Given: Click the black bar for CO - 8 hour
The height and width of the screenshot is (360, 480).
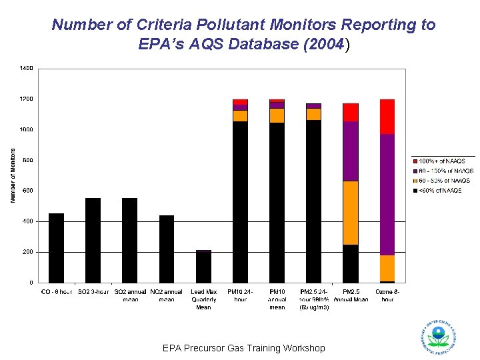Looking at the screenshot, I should [56, 248].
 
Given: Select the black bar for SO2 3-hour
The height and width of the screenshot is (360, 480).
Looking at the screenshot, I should [93, 241].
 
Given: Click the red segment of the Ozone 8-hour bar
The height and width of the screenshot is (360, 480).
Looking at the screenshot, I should [387, 117].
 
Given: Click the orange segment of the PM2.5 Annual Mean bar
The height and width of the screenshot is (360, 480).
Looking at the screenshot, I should [351, 213].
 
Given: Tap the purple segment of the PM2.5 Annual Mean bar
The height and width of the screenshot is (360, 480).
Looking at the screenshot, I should [351, 151].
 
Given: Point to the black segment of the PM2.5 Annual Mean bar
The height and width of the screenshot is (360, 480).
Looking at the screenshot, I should [351, 264].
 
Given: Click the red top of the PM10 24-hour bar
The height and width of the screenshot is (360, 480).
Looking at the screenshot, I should [241, 102].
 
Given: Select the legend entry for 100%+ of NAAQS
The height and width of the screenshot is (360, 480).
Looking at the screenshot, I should [440, 161].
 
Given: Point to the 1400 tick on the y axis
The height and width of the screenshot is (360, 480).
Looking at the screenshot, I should [27, 68].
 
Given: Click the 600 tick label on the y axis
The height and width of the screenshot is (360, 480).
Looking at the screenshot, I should [27, 191].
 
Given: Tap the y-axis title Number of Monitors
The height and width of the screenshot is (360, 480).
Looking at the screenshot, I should [12, 175].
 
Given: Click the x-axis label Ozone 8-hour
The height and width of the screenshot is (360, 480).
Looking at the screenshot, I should [387, 295].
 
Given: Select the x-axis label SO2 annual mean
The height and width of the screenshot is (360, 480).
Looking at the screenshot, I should [131, 295].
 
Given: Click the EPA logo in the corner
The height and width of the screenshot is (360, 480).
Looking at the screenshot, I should [438, 337].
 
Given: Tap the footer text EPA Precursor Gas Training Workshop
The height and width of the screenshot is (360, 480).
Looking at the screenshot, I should [243, 348].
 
